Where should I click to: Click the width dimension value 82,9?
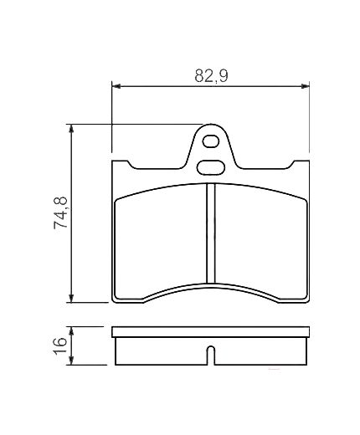click(x=212, y=75)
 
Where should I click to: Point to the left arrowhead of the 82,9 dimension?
click(x=116, y=85)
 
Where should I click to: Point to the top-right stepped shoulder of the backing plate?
click(x=301, y=162)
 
